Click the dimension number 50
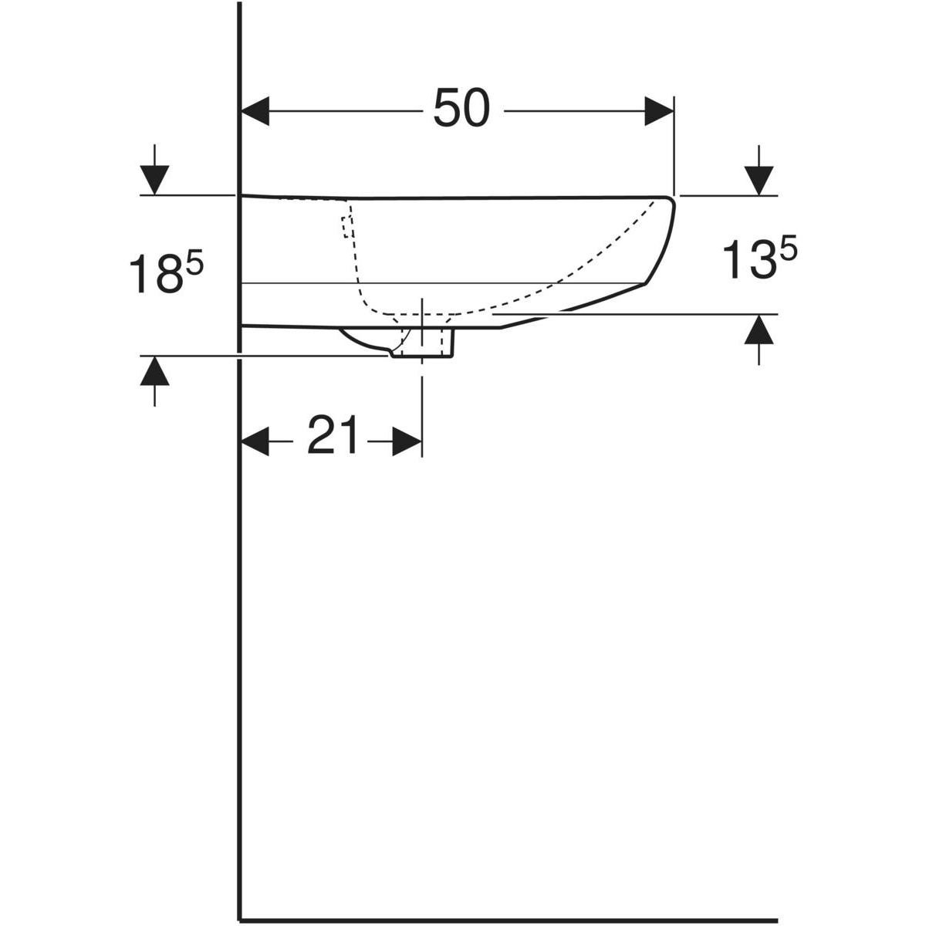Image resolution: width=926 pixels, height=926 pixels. pos(461,109)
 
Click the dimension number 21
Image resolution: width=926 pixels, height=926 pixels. pos(333,435)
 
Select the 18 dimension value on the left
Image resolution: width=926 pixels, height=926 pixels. pos(156,274)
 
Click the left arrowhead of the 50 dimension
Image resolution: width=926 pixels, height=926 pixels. pos(255,111)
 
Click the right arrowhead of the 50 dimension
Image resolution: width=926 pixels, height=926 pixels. pos(659,111)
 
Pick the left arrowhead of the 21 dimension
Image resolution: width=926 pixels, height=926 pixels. pos(255,441)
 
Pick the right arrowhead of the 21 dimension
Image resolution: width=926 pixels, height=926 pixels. pos(407,441)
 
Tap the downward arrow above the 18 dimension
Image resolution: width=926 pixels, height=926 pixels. pos(155,170)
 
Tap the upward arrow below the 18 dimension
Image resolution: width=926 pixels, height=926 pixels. pos(155,381)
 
